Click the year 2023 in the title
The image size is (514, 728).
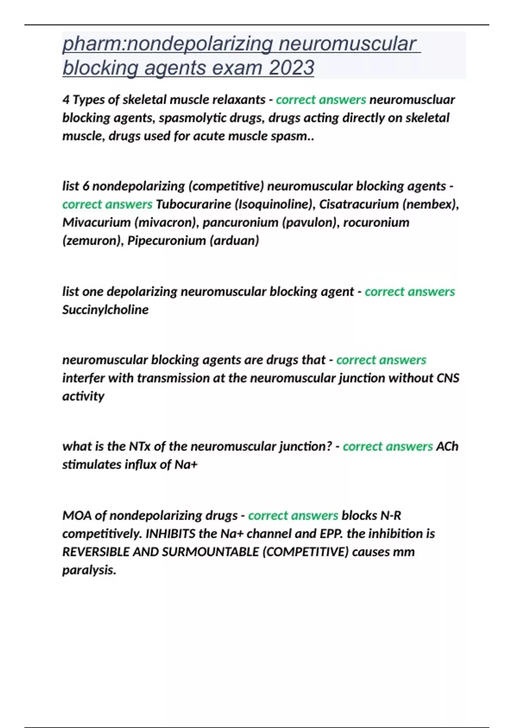(291, 68)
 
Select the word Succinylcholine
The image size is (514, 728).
(105, 310)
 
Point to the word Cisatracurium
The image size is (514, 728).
(359, 204)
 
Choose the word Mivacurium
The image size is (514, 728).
(96, 223)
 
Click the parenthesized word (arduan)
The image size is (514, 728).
(234, 241)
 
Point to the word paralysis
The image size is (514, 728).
(89, 570)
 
